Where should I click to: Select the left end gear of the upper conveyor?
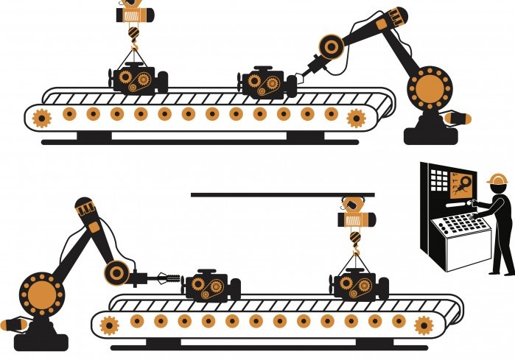(x=41, y=117)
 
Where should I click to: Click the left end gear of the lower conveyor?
(x=110, y=325)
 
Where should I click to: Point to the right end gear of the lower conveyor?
(x=423, y=325)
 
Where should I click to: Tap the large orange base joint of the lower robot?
(x=40, y=292)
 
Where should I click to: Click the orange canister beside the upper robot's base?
(x=461, y=119)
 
